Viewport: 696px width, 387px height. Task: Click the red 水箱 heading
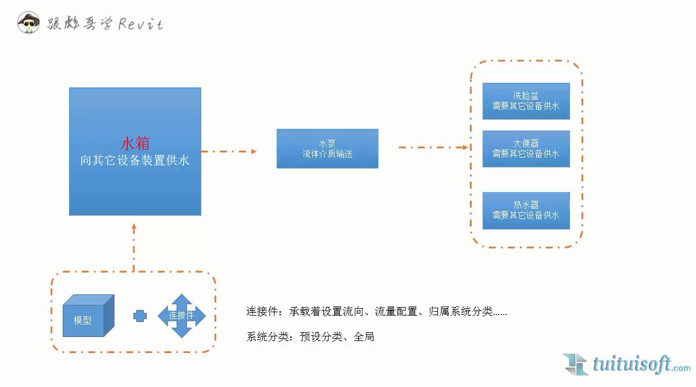click(x=135, y=143)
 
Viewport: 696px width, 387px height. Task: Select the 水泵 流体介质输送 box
click(x=327, y=148)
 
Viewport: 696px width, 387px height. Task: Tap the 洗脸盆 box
click(x=526, y=101)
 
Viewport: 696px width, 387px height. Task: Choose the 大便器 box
click(x=526, y=149)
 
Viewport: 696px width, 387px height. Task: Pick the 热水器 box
click(x=526, y=210)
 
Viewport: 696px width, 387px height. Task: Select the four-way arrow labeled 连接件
click(x=181, y=316)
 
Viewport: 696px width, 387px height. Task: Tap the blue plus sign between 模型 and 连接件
click(x=140, y=316)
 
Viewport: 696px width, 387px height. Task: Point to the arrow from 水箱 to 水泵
click(x=229, y=152)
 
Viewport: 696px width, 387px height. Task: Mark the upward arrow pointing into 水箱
click(x=134, y=247)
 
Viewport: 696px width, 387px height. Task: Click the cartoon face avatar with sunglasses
click(x=28, y=22)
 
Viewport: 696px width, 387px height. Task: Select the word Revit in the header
click(x=141, y=24)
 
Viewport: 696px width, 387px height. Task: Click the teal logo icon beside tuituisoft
click(x=575, y=364)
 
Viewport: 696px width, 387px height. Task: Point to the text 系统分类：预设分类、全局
click(x=310, y=337)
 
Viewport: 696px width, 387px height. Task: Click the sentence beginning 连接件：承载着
click(x=376, y=312)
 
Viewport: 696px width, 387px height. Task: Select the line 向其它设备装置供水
click(x=135, y=160)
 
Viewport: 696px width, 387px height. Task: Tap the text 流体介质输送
click(x=327, y=154)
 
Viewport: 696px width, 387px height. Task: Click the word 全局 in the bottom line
click(x=364, y=337)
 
